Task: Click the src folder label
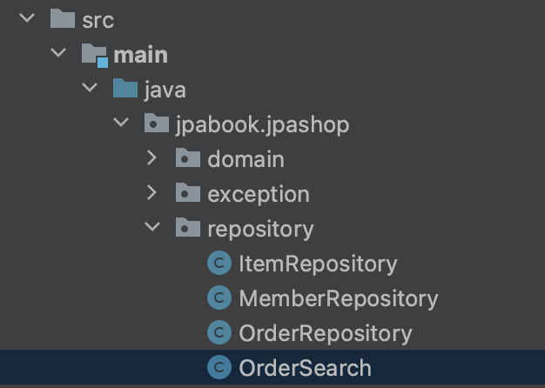(x=98, y=20)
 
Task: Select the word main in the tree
(x=140, y=55)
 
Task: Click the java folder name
(x=165, y=90)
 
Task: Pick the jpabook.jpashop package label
(x=262, y=124)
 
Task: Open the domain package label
(x=246, y=159)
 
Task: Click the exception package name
(x=258, y=194)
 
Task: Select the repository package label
(x=259, y=229)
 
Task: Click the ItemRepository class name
(x=317, y=264)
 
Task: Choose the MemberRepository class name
(x=338, y=298)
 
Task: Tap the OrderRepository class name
(x=325, y=333)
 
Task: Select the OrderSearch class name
(x=305, y=368)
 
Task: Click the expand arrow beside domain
(x=151, y=158)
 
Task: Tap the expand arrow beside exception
(x=151, y=193)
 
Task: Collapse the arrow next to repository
(x=151, y=228)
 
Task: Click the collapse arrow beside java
(x=90, y=89)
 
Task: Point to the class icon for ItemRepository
(x=219, y=264)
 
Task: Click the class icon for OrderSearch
(x=219, y=368)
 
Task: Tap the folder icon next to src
(x=61, y=19)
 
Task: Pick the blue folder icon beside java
(x=125, y=89)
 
